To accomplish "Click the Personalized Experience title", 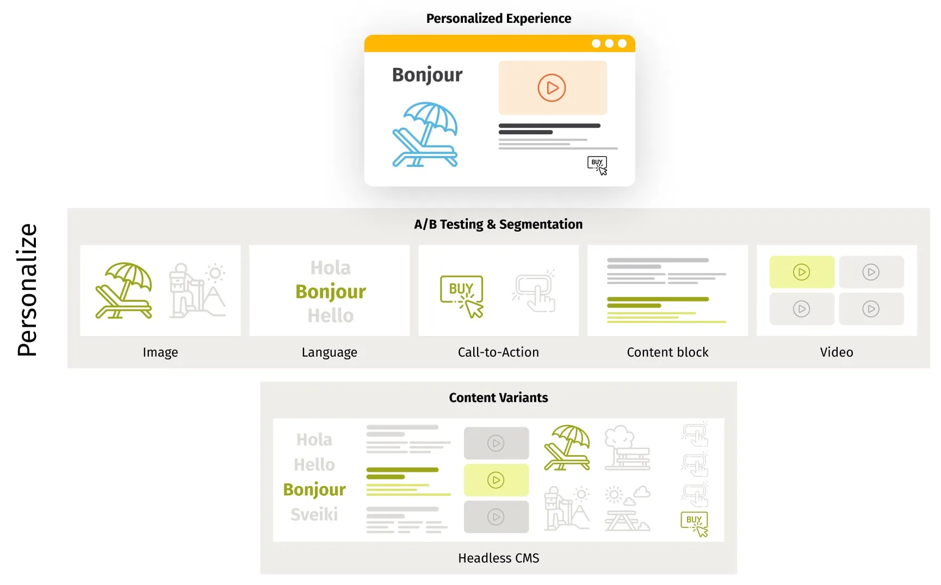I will point(498,18).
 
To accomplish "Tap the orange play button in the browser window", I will point(552,88).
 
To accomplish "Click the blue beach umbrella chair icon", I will point(425,134).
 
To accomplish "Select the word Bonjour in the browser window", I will point(427,75).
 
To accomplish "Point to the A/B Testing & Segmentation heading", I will point(498,225).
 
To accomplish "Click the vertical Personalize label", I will point(27,290).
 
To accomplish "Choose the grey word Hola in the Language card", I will point(330,268).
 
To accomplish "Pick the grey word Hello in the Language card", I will point(330,316).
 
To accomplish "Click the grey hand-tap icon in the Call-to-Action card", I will point(534,292).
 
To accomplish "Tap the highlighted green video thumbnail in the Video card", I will point(801,272).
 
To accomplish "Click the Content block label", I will point(667,352).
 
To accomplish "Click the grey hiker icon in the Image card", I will point(196,290).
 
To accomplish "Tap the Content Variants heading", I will point(498,398).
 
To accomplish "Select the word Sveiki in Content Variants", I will point(314,514).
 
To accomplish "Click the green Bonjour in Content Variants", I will point(314,490).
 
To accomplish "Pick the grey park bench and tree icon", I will point(627,448).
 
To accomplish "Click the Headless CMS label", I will point(498,558).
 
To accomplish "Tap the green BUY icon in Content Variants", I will point(695,524).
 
